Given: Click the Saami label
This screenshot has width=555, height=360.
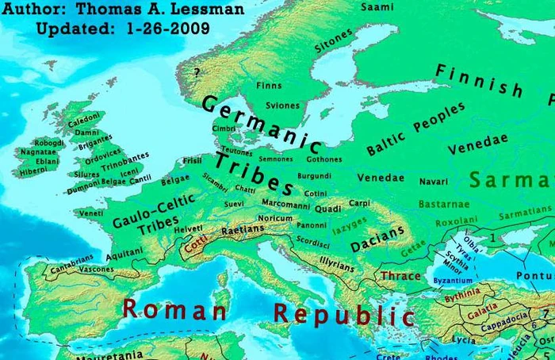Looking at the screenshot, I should (377, 7).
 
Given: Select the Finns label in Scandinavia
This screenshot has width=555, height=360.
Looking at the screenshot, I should (269, 85).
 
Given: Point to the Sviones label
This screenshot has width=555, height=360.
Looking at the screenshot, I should (283, 105).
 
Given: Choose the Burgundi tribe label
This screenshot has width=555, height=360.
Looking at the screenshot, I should (314, 175).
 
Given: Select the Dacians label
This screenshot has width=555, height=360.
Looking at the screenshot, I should (377, 238).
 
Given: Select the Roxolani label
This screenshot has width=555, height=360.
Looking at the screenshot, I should (455, 223).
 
